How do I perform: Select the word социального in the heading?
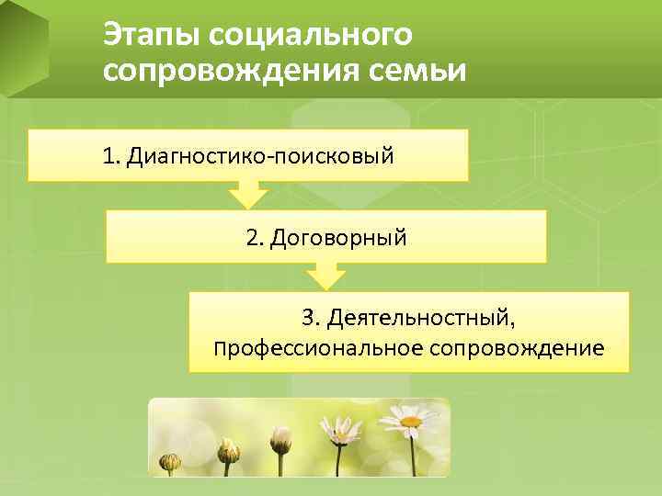(x=310, y=34)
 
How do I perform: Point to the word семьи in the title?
(x=417, y=70)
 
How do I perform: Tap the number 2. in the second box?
(x=255, y=237)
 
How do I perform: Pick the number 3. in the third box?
(x=312, y=318)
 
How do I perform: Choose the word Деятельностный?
(x=422, y=318)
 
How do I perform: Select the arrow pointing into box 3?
(x=325, y=276)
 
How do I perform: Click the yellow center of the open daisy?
(x=410, y=422)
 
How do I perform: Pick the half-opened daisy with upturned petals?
(x=341, y=430)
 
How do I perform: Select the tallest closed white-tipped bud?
(x=280, y=440)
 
